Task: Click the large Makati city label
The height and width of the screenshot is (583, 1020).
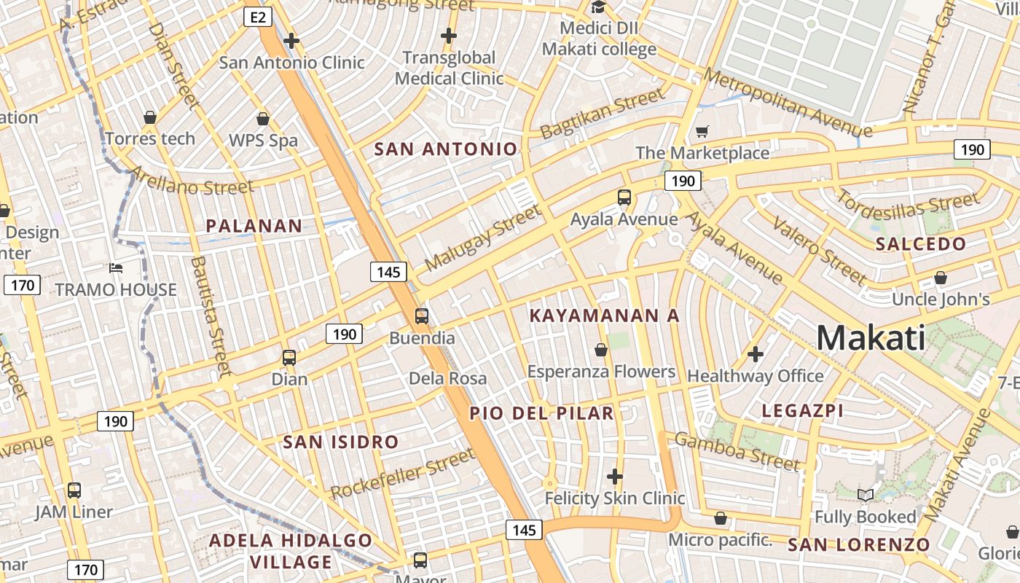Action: tap(871, 338)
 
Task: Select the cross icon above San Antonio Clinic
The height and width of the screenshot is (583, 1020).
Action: tap(291, 41)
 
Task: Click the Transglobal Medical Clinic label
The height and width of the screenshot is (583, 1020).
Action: tap(449, 68)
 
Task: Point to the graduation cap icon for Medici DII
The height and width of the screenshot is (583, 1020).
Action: tap(598, 7)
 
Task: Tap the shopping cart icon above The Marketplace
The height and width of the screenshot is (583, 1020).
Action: tap(702, 132)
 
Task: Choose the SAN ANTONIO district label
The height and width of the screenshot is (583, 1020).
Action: tap(445, 149)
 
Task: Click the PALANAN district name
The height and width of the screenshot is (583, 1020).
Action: tap(254, 226)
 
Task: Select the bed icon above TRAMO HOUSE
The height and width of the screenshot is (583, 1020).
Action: tap(116, 268)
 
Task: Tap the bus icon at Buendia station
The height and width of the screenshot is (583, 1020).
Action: tap(422, 316)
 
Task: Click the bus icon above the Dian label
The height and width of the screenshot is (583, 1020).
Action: tap(289, 358)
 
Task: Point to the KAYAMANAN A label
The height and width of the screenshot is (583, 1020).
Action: tap(604, 316)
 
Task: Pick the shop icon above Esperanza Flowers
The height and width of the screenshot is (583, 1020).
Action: tap(601, 351)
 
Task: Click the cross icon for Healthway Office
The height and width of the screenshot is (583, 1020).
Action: tap(756, 355)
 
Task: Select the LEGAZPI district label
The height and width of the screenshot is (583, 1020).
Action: tap(802, 411)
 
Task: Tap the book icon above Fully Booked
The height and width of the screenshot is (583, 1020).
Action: tap(865, 496)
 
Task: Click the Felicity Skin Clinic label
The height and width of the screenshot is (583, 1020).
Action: tap(615, 498)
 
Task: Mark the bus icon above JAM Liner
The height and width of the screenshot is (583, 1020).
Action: tap(74, 490)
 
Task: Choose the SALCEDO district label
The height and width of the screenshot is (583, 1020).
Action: tap(921, 244)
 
